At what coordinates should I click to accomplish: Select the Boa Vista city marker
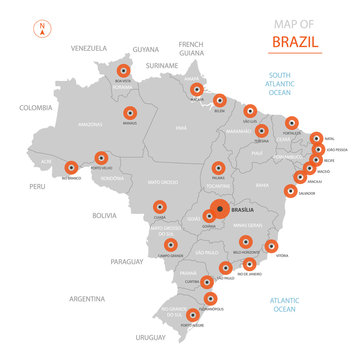click(x=123, y=71)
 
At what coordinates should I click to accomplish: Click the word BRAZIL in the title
click(x=296, y=43)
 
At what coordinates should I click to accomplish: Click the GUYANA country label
click(x=146, y=48)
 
